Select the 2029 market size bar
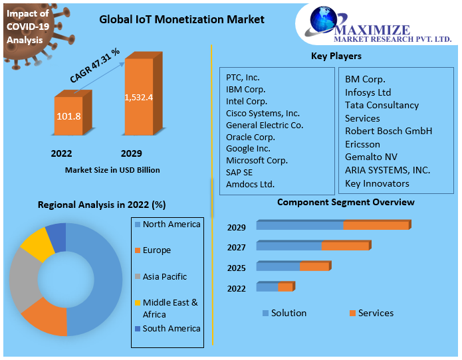click(139, 97)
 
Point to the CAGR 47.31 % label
click(95, 66)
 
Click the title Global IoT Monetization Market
click(181, 19)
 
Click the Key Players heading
click(336, 56)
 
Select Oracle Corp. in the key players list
click(251, 137)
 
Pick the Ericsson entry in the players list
click(362, 144)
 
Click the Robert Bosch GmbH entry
click(388, 131)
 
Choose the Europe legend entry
click(156, 250)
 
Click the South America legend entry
click(171, 329)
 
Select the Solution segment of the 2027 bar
click(289, 246)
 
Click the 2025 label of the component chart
click(237, 268)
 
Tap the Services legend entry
click(376, 313)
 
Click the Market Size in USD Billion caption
click(112, 170)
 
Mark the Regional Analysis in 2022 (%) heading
click(102, 205)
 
